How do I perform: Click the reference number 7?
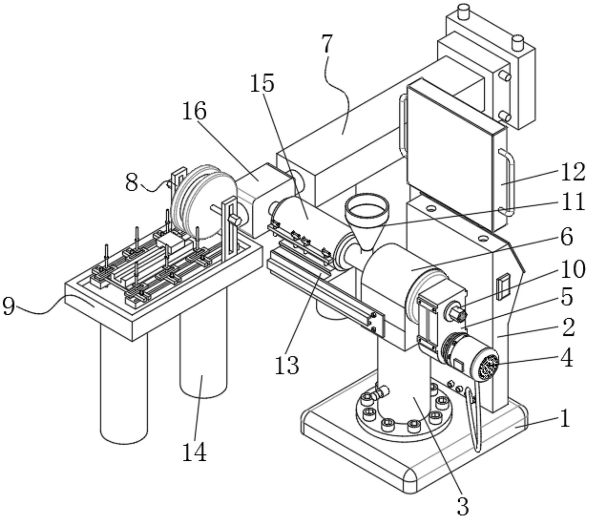tap(327, 44)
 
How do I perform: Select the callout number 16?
tap(194, 110)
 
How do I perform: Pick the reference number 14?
tap(195, 452)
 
